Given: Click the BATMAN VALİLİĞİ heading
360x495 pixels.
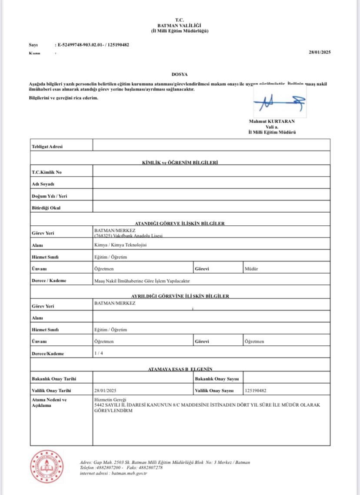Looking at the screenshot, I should (180, 26).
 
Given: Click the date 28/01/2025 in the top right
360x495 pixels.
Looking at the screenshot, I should (320, 52).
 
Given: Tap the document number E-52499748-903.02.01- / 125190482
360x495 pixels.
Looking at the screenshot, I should (93, 45).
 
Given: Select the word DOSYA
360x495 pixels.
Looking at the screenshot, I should (180, 74).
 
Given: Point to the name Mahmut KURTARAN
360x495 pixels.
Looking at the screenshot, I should (272, 121).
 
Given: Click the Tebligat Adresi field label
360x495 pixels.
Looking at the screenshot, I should (47, 147).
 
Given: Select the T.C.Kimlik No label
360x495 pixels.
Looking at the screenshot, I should (47, 172).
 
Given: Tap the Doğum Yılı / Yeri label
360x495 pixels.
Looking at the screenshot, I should (49, 196).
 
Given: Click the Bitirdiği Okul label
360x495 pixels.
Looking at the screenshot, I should (46, 208).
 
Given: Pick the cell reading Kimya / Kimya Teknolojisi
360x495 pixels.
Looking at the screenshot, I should (120, 245).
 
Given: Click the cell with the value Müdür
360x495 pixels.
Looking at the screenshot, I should (251, 269).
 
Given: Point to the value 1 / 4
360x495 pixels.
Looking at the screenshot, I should (99, 353).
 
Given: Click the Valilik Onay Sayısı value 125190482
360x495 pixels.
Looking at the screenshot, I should (256, 391).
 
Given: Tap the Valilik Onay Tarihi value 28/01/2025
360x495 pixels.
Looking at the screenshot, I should (105, 391).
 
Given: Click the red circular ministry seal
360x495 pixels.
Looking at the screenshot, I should (46, 467).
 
